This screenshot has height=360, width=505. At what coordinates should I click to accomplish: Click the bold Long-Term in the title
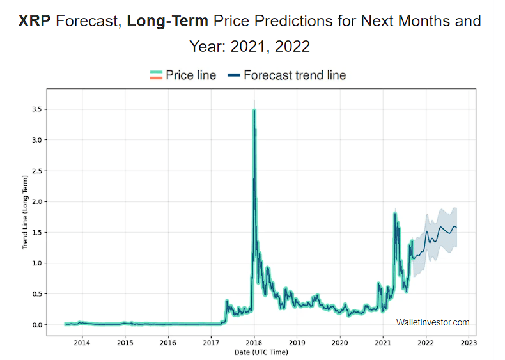tap(167, 21)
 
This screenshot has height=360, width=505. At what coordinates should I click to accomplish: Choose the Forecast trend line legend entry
tap(287, 75)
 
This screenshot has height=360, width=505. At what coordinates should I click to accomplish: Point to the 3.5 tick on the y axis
tap(37, 110)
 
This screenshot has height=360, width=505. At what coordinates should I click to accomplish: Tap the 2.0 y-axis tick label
tap(37, 201)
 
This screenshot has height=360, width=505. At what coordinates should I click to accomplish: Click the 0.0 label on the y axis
tap(37, 325)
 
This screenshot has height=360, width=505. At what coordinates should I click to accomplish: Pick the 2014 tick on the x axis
tap(82, 343)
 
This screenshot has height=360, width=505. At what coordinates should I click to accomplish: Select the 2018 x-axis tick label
tap(254, 343)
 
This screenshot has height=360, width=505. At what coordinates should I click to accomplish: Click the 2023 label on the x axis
tap(469, 343)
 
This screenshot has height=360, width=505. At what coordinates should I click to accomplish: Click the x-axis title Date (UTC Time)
tap(261, 352)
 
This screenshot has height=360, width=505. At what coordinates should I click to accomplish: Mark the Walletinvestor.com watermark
tap(433, 322)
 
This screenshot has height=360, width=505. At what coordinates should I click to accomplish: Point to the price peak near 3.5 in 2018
tap(254, 111)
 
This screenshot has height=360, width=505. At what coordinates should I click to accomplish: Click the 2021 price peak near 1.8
tap(395, 213)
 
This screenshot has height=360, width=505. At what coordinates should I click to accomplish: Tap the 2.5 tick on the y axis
tap(37, 171)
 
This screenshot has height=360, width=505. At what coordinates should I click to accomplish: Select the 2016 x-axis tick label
tap(168, 343)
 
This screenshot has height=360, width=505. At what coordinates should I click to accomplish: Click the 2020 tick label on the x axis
tap(340, 343)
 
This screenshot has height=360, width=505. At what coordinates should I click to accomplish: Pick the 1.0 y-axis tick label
tap(37, 263)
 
